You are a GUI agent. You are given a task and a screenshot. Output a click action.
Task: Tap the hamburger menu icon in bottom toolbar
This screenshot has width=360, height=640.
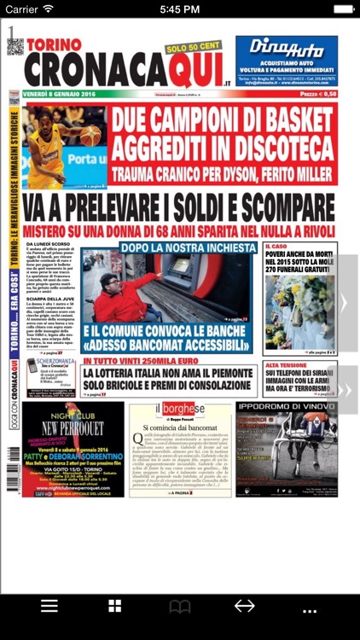pos(49,606)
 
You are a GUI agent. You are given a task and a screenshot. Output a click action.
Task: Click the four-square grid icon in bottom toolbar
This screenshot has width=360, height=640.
pos(114,606)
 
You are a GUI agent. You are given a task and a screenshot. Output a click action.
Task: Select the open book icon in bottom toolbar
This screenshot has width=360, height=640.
pos(179,607)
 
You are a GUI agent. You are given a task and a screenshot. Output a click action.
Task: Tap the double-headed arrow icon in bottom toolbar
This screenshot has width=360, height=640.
pos(245,606)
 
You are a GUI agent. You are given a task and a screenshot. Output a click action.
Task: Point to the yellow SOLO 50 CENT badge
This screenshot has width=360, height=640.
pos(195,49)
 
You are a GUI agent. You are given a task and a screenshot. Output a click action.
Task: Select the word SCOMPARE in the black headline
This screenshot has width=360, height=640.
pos(270,207)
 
